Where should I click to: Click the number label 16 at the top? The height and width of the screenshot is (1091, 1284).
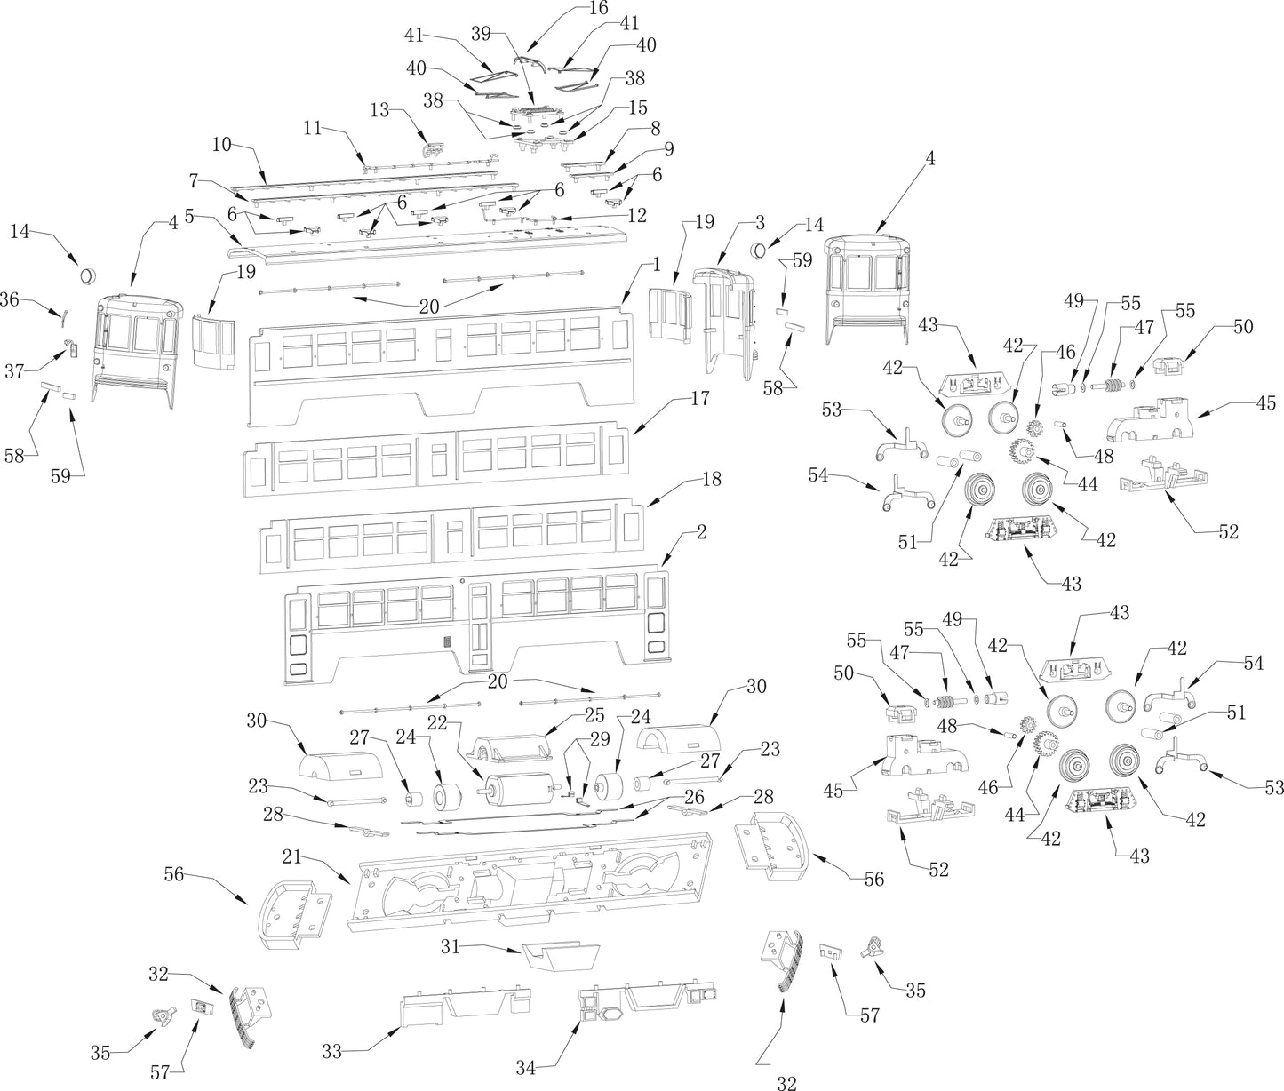[x=598, y=9]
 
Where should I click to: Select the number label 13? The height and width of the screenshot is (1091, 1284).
[x=379, y=109]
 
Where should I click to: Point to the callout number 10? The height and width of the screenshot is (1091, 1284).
[x=221, y=144]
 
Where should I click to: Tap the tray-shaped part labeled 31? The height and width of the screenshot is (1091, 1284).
[x=558, y=957]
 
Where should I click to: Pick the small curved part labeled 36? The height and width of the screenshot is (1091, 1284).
[x=64, y=315]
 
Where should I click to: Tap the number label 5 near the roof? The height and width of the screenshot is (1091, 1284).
[x=188, y=216]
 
